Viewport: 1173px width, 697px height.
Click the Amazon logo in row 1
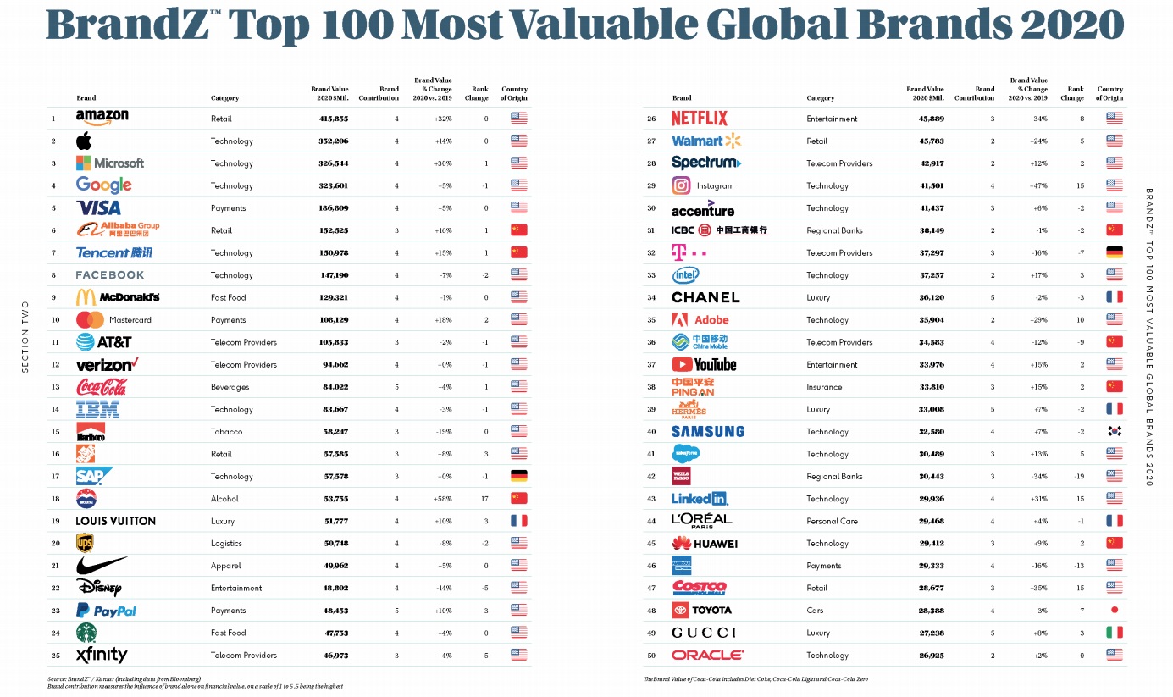point(102,118)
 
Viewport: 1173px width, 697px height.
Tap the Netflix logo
point(699,119)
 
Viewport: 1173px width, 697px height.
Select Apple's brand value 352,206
point(329,141)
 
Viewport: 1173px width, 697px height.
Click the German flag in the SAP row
point(518,476)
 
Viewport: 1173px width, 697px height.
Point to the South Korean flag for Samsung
point(1115,431)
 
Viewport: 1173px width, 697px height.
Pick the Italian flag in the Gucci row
point(1115,633)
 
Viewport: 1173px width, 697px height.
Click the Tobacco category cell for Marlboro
point(226,432)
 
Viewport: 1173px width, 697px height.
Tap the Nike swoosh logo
point(101,565)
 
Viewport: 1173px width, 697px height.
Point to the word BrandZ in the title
point(115,25)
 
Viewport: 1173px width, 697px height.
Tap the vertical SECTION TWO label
point(25,335)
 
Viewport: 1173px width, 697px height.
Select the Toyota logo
point(701,610)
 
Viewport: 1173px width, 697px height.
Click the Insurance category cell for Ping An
point(824,387)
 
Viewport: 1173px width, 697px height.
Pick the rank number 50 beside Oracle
point(651,656)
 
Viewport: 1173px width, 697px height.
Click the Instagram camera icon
point(681,185)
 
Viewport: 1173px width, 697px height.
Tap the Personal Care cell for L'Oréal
point(832,521)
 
